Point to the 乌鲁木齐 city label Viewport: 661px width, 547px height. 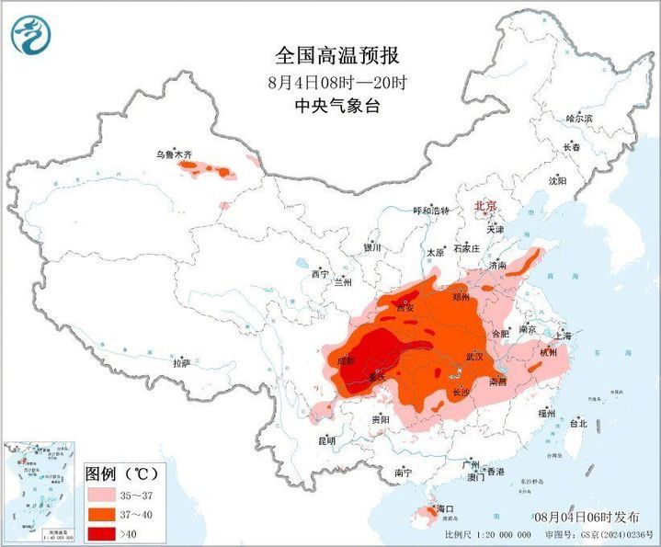pyautogui.click(x=174, y=156)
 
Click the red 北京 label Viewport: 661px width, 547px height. pyautogui.click(x=484, y=206)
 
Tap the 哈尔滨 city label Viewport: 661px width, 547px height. pyautogui.click(x=579, y=119)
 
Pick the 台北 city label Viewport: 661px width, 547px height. pyautogui.click(x=577, y=424)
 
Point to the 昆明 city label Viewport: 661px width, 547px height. pyautogui.click(x=326, y=441)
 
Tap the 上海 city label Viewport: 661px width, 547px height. pyautogui.click(x=563, y=336)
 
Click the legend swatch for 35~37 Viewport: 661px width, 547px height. pyautogui.click(x=103, y=496)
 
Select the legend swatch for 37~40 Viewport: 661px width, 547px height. pyautogui.click(x=103, y=514)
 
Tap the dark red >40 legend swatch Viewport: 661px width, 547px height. pyautogui.click(x=103, y=532)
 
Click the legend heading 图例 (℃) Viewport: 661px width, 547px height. pyautogui.click(x=122, y=474)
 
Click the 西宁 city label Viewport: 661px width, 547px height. pyautogui.click(x=319, y=274)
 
